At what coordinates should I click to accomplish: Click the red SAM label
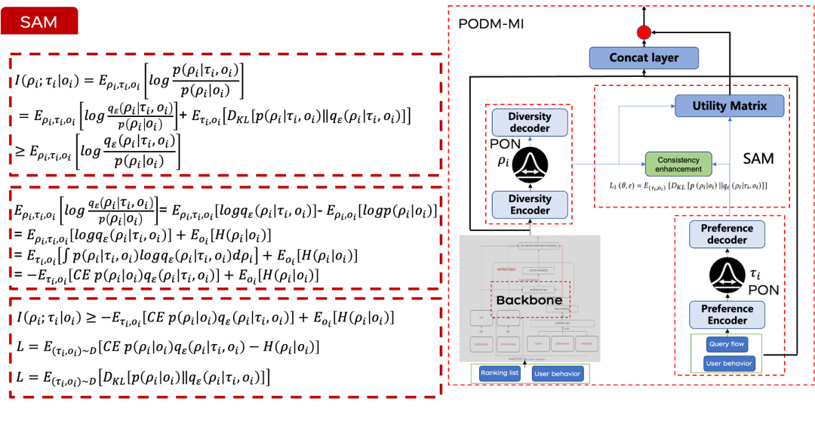[x=39, y=22]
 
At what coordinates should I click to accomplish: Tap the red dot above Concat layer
[x=644, y=32]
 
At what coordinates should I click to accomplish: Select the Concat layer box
[x=644, y=58]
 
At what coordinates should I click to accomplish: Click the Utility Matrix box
[x=729, y=106]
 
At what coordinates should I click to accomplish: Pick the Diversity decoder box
[x=530, y=123]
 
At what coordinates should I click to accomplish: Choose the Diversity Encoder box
[x=530, y=204]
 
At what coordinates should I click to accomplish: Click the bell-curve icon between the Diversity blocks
[x=530, y=164]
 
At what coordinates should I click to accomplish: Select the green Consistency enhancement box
[x=678, y=164]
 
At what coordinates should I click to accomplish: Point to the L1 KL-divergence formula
[x=689, y=186]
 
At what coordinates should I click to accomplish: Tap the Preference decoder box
[x=727, y=234]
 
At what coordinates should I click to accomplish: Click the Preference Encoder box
[x=727, y=315]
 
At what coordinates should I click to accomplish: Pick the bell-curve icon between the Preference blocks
[x=727, y=275]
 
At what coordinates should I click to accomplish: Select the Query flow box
[x=727, y=344]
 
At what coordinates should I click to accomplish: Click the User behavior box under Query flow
[x=727, y=364]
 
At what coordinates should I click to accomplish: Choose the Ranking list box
[x=500, y=373]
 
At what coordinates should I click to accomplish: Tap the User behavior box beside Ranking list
[x=557, y=373]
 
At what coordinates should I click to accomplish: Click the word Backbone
[x=529, y=300]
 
